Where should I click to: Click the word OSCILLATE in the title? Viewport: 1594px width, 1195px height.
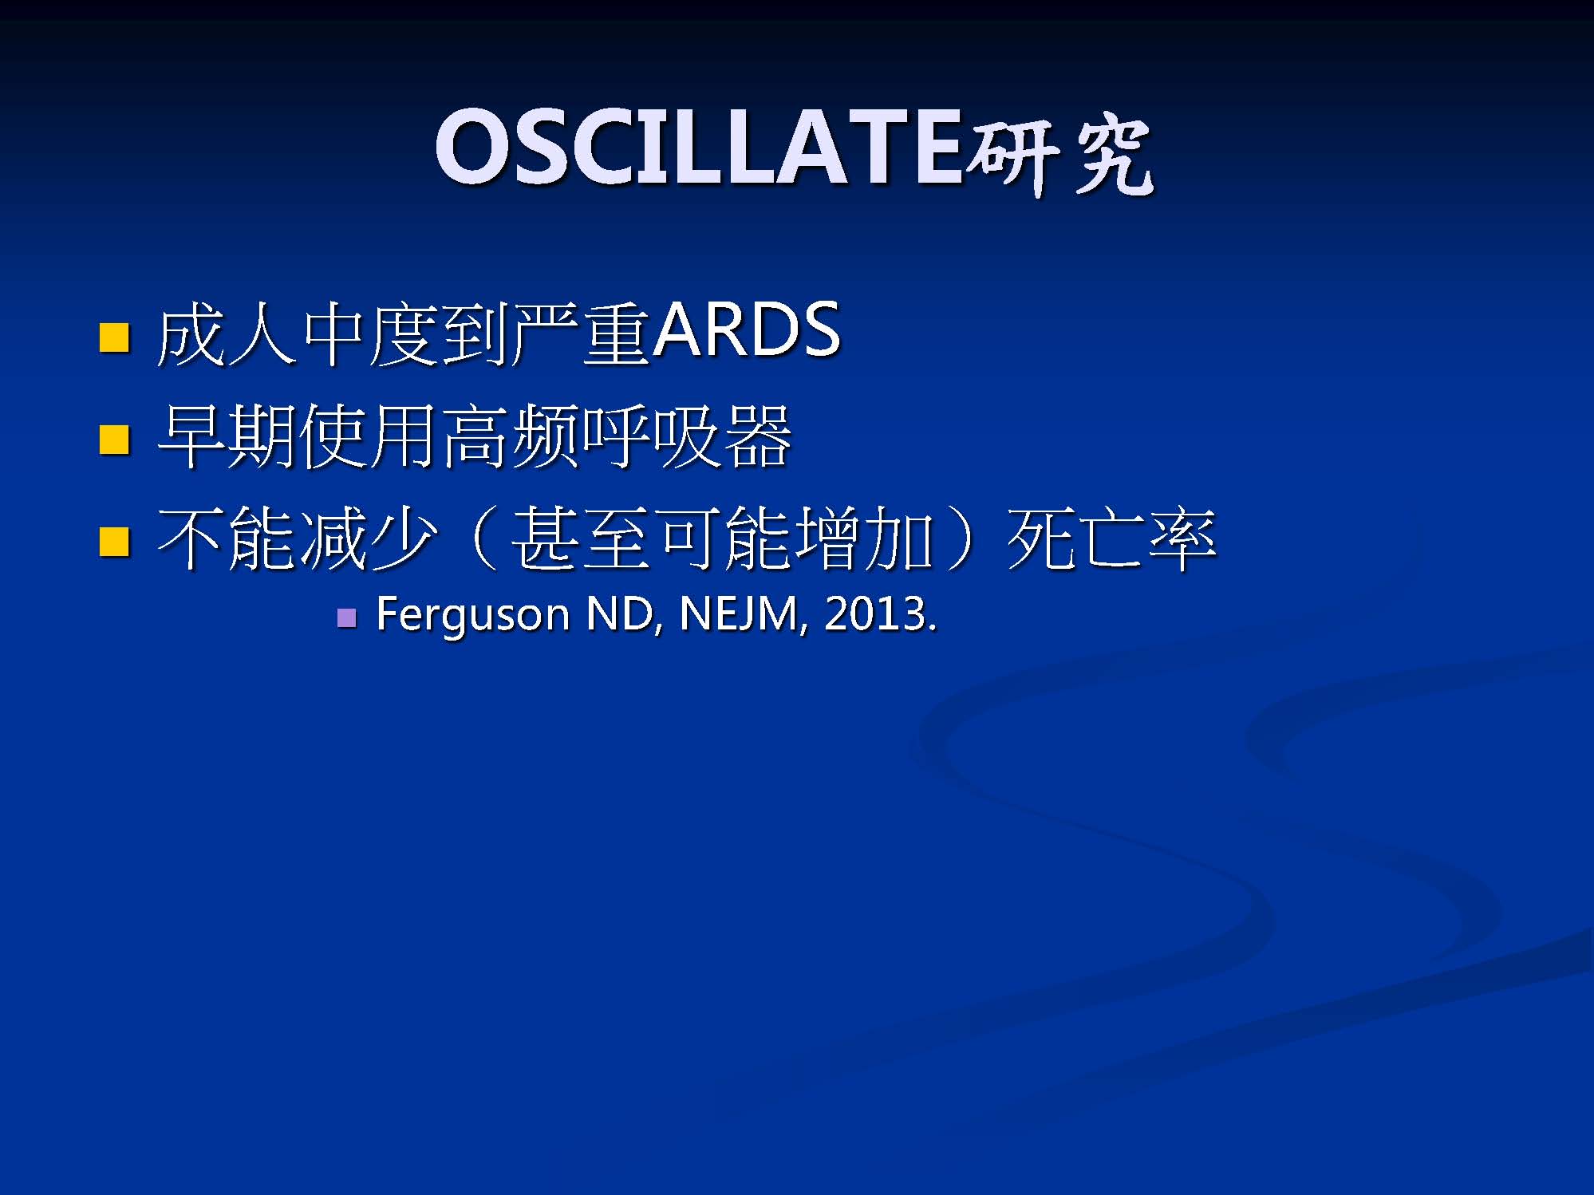pyautogui.click(x=699, y=148)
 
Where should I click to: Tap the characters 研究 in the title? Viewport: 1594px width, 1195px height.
pyautogui.click(x=1059, y=155)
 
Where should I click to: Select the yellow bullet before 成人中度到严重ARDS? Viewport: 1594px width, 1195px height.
pyautogui.click(x=114, y=337)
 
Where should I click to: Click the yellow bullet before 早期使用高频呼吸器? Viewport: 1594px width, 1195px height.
pyautogui.click(x=114, y=439)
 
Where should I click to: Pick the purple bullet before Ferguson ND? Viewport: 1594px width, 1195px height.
pyautogui.click(x=346, y=617)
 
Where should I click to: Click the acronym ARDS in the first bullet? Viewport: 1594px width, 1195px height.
pyautogui.click(x=746, y=331)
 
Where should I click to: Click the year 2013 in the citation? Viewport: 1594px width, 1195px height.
pyautogui.click(x=874, y=614)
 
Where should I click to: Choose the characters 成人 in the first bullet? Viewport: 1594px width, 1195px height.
pyautogui.click(x=228, y=335)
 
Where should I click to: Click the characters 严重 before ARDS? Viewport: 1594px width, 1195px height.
pyautogui.click(x=581, y=335)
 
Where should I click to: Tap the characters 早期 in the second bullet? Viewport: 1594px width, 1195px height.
pyautogui.click(x=228, y=436)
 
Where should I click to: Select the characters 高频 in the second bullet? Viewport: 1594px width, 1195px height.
pyautogui.click(x=511, y=436)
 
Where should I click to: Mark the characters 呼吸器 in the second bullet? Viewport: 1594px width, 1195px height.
pyautogui.click(x=687, y=436)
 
